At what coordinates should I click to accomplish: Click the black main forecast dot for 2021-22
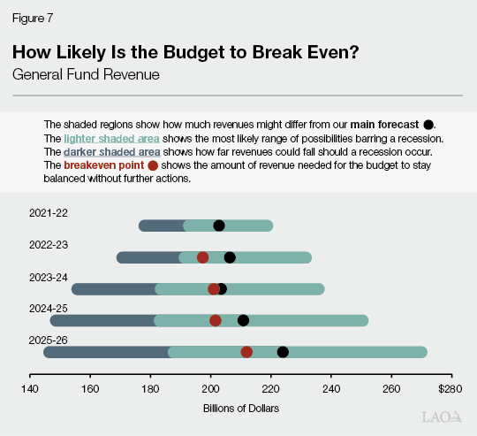(x=219, y=226)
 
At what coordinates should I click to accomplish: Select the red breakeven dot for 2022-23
(x=203, y=257)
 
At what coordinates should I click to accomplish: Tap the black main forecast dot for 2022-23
(x=230, y=257)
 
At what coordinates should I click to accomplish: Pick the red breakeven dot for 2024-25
(x=216, y=320)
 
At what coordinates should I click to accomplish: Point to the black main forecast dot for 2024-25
(x=244, y=320)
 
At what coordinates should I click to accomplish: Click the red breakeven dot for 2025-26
(x=246, y=352)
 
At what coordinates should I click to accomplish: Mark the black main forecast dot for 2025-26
(x=283, y=352)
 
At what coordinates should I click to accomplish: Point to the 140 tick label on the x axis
(x=30, y=388)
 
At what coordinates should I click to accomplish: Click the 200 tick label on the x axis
(x=210, y=388)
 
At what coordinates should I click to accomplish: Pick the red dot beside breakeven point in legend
(x=153, y=165)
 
